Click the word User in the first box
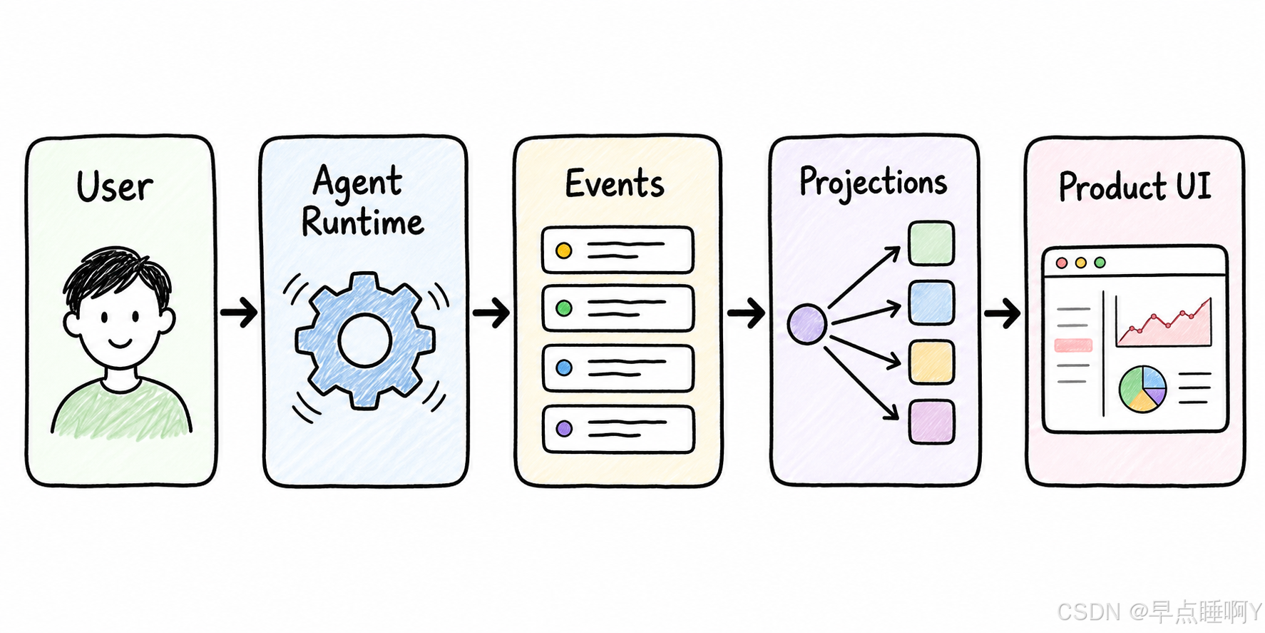click(x=114, y=187)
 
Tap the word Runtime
click(x=363, y=222)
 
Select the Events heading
click(x=615, y=183)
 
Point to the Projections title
click(x=873, y=183)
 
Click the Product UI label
click(x=1135, y=187)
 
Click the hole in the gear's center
click(x=365, y=340)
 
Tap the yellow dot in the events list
click(x=564, y=250)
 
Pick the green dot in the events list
click(x=564, y=308)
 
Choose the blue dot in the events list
click(x=564, y=368)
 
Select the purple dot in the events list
click(x=564, y=429)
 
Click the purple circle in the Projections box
click(x=806, y=324)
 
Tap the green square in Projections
click(x=931, y=243)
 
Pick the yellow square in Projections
click(x=931, y=362)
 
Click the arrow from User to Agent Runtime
click(x=239, y=312)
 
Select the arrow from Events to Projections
click(x=746, y=313)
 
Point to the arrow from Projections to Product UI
click(x=1002, y=313)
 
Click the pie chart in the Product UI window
click(x=1142, y=389)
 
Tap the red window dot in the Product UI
click(x=1062, y=263)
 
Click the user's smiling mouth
click(x=119, y=344)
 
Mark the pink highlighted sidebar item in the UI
click(x=1073, y=345)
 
